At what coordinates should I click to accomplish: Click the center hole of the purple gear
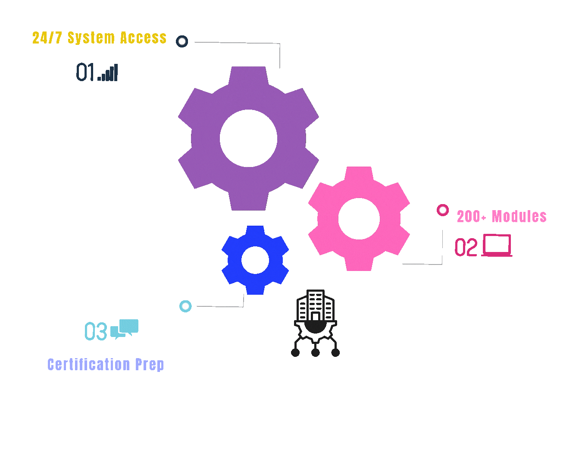click(x=248, y=138)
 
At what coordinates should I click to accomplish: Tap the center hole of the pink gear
click(x=359, y=219)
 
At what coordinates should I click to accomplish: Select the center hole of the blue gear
click(x=255, y=260)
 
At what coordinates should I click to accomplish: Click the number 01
click(x=85, y=72)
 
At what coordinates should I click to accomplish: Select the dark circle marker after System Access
click(x=182, y=41)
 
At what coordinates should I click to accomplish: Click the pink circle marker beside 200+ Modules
click(x=443, y=210)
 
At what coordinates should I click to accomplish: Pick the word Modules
click(x=519, y=216)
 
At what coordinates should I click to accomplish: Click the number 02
click(x=466, y=248)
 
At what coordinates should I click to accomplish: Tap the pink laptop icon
click(x=497, y=246)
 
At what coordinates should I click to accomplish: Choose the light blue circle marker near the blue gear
click(x=185, y=306)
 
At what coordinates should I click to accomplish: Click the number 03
click(x=96, y=331)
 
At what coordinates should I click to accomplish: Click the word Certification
click(x=88, y=365)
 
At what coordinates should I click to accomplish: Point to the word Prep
click(x=150, y=365)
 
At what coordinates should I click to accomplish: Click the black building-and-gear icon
click(x=316, y=323)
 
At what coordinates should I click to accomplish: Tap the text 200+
click(x=471, y=217)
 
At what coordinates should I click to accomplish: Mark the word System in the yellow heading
click(x=91, y=38)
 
